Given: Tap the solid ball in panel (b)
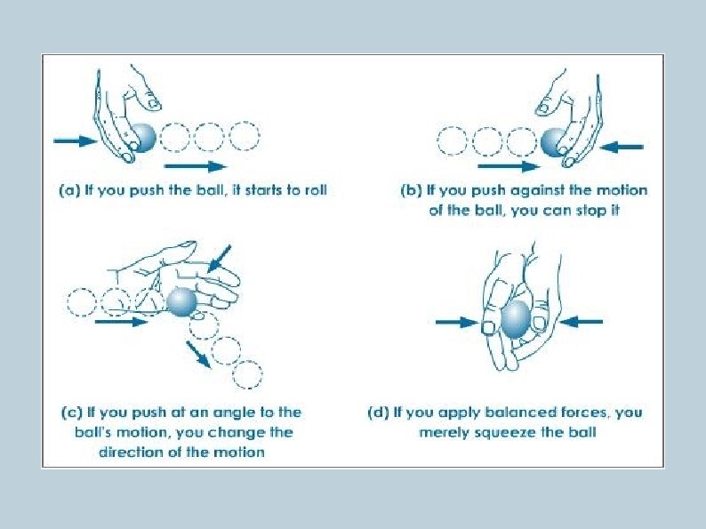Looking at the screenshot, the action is pos(553,142).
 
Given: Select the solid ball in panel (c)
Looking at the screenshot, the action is pos(181,301).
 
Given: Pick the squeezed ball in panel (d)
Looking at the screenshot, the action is pos(516,319).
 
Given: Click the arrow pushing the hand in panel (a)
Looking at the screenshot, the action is pos(76,140).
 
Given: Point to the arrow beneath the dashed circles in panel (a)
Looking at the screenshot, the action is pos(196,166).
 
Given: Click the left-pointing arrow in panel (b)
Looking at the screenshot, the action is pos(622,147).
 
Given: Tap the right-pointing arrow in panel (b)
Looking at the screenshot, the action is pos(509,166).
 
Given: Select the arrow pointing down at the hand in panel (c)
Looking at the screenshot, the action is pos(220,259).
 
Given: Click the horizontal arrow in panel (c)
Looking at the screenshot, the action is pos(122,322).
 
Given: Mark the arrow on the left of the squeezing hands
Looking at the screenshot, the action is pos(457,322).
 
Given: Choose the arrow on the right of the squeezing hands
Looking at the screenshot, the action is pos(582,322).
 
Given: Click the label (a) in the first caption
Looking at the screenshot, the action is pos(69,190).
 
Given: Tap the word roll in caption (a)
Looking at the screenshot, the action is pos(316,190).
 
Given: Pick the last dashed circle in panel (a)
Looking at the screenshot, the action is pos(245,136).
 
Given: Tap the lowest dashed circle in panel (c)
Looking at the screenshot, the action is pos(247,374).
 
